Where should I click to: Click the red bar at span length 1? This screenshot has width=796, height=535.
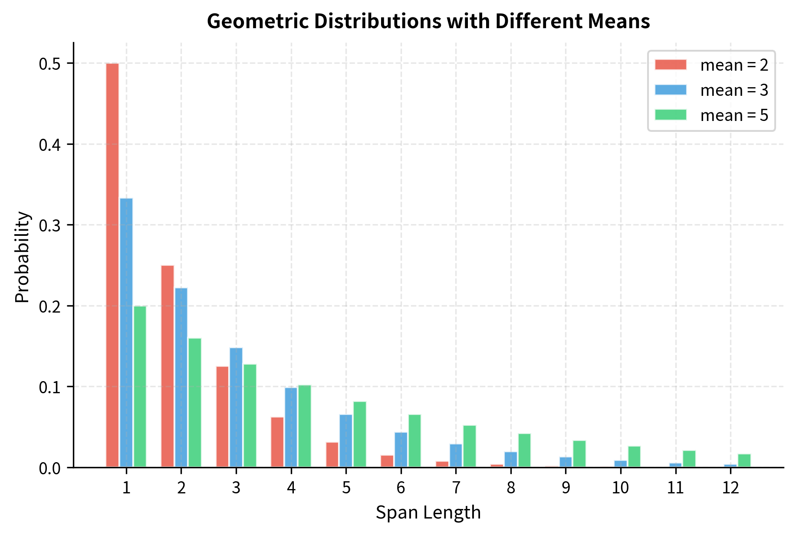click(x=112, y=265)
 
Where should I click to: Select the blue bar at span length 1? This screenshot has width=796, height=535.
click(x=126, y=333)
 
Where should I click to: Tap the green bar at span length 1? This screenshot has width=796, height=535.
click(x=140, y=387)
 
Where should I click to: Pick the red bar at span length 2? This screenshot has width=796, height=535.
click(x=168, y=366)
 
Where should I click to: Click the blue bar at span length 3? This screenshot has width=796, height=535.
click(x=236, y=408)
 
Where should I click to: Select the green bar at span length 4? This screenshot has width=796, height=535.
click(x=305, y=426)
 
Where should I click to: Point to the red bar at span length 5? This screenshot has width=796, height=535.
click(x=332, y=455)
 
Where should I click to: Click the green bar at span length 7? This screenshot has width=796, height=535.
click(x=470, y=446)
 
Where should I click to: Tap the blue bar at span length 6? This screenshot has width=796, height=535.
click(x=401, y=450)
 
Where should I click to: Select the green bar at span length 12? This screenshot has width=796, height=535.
click(x=744, y=460)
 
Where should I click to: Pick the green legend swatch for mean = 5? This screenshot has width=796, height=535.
click(x=671, y=115)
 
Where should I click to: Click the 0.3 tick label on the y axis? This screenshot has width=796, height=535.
click(x=51, y=225)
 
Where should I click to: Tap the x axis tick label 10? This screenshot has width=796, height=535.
click(x=621, y=488)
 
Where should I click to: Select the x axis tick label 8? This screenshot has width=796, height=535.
click(x=511, y=488)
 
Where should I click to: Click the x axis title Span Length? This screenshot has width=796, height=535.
click(x=428, y=513)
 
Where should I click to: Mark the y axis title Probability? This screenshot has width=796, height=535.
click(x=22, y=257)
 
